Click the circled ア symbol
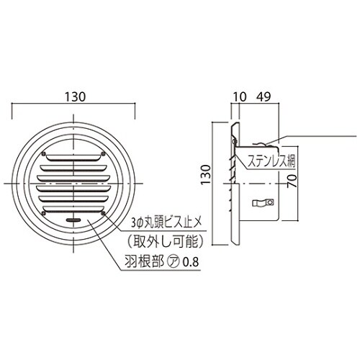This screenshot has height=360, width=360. [171, 261]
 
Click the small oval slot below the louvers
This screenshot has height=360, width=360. [73, 217]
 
